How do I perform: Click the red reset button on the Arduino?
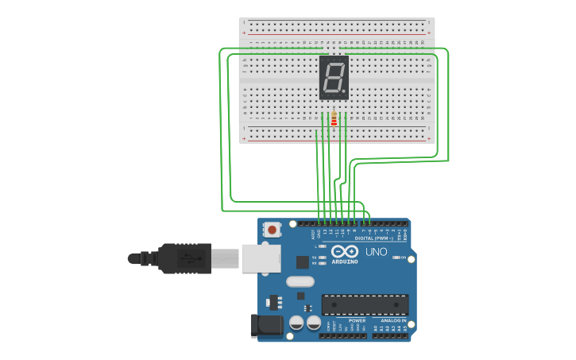pos(273,230)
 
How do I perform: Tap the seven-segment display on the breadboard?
pos(334,77)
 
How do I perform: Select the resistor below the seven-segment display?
pos(334,119)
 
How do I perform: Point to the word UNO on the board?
pos(376,252)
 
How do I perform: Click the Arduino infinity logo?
pos(350,251)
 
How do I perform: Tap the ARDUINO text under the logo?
pos(345,261)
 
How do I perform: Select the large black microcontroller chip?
pos(365,304)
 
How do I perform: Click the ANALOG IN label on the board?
pos(389,320)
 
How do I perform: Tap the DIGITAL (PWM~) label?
pos(373,238)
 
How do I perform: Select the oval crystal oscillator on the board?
pos(300,281)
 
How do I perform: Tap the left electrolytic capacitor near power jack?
pos(296,323)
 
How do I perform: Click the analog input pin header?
pos(390,335)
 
